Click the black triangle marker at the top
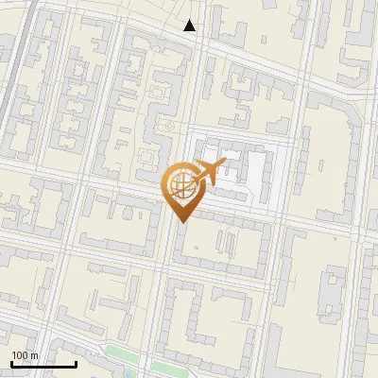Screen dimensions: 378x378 (x=190, y=26)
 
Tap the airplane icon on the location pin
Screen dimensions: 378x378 (x=209, y=172)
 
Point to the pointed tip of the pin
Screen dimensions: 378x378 (x=180, y=222)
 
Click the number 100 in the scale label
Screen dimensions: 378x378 (x=20, y=355)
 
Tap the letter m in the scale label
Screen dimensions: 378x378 (x=35, y=355)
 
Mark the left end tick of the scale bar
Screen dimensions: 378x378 (x=10, y=363)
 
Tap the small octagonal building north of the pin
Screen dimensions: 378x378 (x=169, y=126)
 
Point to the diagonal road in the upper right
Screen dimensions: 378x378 (x=283, y=66)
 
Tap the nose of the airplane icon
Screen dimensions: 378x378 (x=226, y=164)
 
